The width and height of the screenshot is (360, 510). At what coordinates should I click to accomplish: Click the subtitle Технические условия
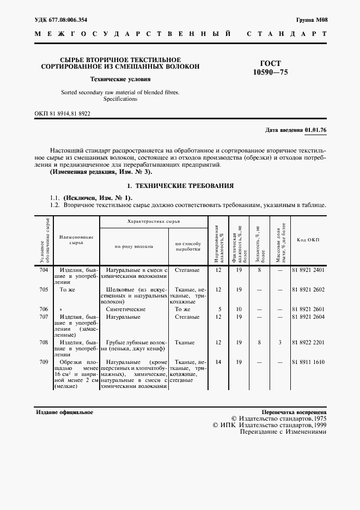[x=120, y=79]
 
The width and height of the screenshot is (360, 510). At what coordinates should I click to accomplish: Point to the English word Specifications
[x=120, y=99]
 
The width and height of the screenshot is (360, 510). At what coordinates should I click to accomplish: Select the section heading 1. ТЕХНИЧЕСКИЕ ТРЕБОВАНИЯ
[x=180, y=186]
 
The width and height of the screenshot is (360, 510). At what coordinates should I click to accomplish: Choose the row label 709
[x=44, y=362]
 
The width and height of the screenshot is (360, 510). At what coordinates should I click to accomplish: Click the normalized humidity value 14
[x=218, y=362]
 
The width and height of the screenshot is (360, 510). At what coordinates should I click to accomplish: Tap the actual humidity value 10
[x=239, y=309]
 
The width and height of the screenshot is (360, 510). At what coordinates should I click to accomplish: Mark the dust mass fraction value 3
[x=279, y=343]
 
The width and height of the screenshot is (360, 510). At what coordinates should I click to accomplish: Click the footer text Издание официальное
[x=65, y=412]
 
